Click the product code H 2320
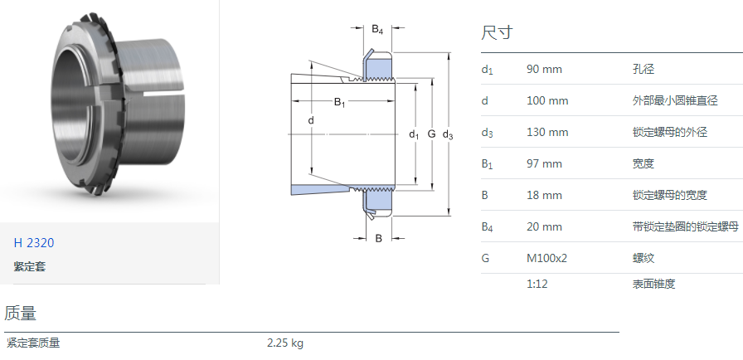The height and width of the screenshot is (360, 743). pyautogui.click(x=33, y=243)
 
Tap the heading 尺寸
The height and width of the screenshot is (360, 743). pyautogui.click(x=497, y=33)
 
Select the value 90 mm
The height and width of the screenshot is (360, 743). pyautogui.click(x=544, y=69)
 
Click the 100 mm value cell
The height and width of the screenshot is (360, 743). pyautogui.click(x=547, y=100)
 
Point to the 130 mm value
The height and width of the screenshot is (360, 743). pyautogui.click(x=547, y=132)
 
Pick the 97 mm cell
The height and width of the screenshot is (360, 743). pyautogui.click(x=544, y=163)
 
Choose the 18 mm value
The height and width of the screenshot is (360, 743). pyautogui.click(x=544, y=195)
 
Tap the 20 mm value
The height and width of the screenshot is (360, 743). pyautogui.click(x=544, y=226)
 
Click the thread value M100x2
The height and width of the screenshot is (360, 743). pyautogui.click(x=546, y=258)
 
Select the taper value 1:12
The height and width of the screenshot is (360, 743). pyautogui.click(x=537, y=284)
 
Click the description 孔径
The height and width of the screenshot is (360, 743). pyautogui.click(x=643, y=69)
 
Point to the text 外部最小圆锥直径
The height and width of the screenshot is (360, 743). pyautogui.click(x=669, y=100)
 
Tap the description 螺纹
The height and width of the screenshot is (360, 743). pyautogui.click(x=643, y=258)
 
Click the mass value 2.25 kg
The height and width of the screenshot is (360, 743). pyautogui.click(x=284, y=343)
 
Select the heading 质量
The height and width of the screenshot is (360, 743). pyautogui.click(x=20, y=314)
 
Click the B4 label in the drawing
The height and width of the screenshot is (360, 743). pyautogui.click(x=377, y=30)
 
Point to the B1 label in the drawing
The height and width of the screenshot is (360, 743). pyautogui.click(x=339, y=102)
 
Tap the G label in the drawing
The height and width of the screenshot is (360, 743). pyautogui.click(x=431, y=134)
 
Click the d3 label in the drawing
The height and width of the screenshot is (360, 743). pyautogui.click(x=448, y=134)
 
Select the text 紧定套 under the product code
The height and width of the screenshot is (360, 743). pyautogui.click(x=29, y=266)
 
